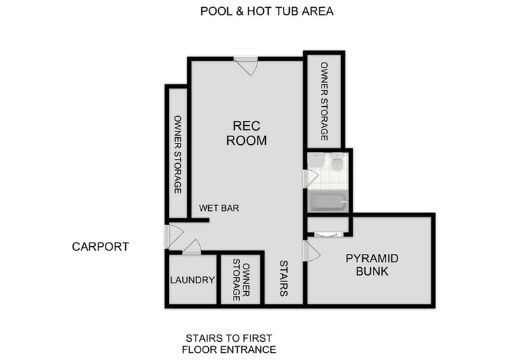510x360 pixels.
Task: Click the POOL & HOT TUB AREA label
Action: pyautogui.click(x=267, y=11)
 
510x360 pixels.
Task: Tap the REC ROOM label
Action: pyautogui.click(x=246, y=133)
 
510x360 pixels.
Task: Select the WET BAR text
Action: pyautogui.click(x=219, y=208)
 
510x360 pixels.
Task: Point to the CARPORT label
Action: pyautogui.click(x=101, y=247)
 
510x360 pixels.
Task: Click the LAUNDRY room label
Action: pyautogui.click(x=192, y=280)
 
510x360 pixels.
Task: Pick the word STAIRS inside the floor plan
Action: pyautogui.click(x=283, y=278)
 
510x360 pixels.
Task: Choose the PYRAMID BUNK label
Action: pyautogui.click(x=371, y=265)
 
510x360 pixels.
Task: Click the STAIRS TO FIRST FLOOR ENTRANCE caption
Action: pyautogui.click(x=229, y=343)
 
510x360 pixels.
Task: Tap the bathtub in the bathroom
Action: pyautogui.click(x=328, y=202)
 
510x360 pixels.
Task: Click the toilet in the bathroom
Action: pyautogui.click(x=337, y=164)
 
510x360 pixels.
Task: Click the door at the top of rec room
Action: pyautogui.click(x=246, y=65)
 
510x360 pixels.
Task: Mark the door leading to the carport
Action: pyautogui.click(x=173, y=236)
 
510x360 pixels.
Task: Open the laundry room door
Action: pyautogui.click(x=192, y=247)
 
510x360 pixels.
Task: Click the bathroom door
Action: pyautogui.click(x=310, y=179)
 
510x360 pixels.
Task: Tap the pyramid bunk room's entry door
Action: pyautogui.click(x=310, y=251)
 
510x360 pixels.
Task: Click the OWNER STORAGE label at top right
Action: pyautogui.click(x=324, y=101)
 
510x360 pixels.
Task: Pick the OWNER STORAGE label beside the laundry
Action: pyautogui.click(x=241, y=280)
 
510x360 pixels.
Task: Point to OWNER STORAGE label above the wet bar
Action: pyautogui.click(x=177, y=155)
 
